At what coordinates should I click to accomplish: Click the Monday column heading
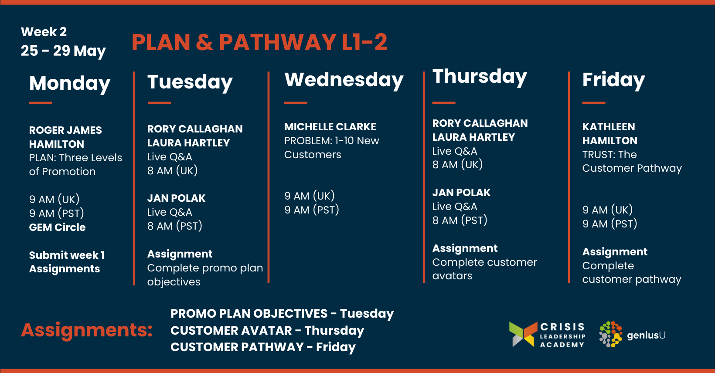tap(70, 84)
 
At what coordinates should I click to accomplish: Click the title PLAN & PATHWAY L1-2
tap(259, 42)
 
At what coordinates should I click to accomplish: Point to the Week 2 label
tap(44, 31)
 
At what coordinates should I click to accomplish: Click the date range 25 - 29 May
tap(63, 51)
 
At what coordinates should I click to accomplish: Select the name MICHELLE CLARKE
tap(330, 127)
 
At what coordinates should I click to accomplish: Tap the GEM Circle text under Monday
tap(58, 227)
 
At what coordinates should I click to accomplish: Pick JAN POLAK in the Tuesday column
tap(176, 198)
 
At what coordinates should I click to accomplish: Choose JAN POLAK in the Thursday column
tap(461, 193)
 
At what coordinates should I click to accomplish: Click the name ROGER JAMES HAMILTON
tap(65, 137)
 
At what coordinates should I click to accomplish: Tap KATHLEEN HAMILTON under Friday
tap(609, 133)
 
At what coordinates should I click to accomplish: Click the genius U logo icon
tap(611, 334)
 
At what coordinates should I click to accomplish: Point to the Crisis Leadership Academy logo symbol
tap(523, 334)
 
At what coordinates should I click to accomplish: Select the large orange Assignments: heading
tap(87, 330)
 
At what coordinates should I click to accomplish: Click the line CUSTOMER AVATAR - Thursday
tap(267, 330)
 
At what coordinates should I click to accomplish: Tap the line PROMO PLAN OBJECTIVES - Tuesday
tap(282, 313)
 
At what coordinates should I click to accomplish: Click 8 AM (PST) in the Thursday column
tap(460, 220)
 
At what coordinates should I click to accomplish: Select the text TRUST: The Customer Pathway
tap(632, 162)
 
